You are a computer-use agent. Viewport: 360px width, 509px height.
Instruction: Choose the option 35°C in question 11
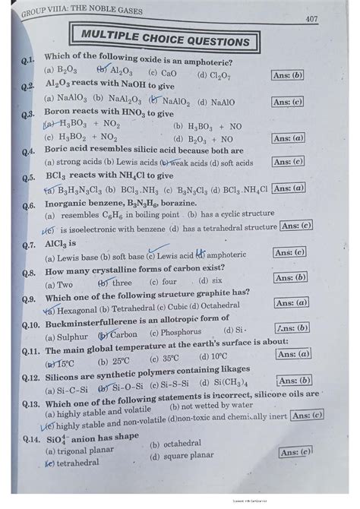169,359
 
